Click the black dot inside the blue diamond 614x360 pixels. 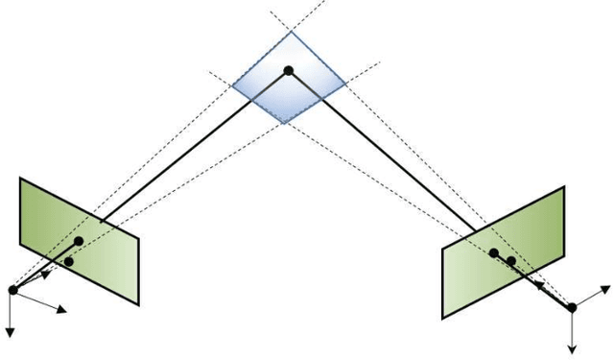tap(287, 69)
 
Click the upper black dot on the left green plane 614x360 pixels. tap(79, 240)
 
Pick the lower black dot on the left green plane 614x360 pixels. tap(68, 261)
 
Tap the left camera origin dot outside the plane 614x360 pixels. tap(12, 290)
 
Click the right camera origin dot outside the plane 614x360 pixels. tap(572, 307)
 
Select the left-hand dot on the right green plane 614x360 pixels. tap(493, 253)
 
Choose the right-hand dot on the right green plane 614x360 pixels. tap(512, 260)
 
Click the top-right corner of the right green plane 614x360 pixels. tap(564, 188)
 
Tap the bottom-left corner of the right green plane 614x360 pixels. tap(443, 318)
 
